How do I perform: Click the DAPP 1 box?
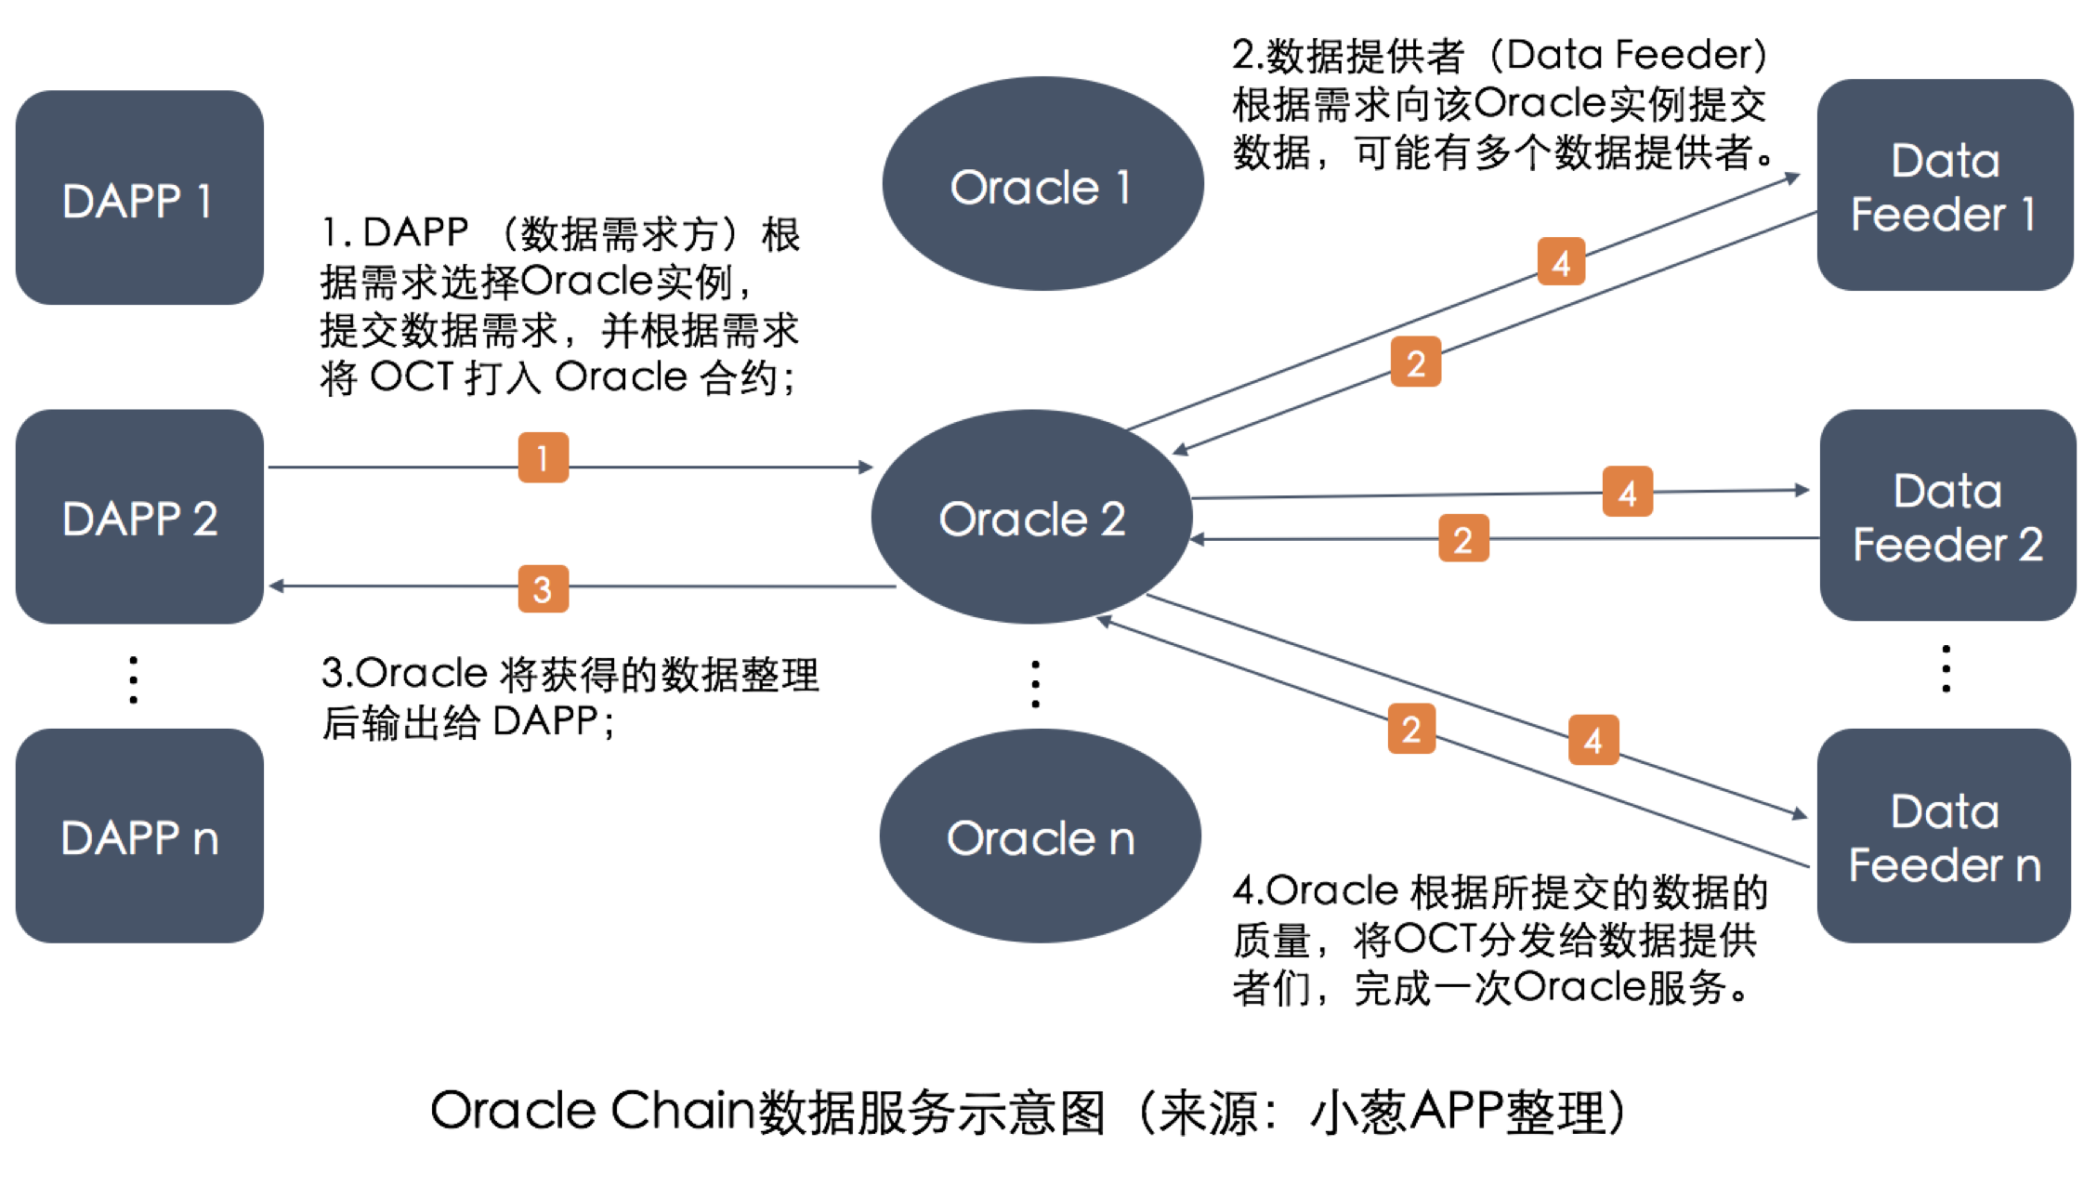coord(139,198)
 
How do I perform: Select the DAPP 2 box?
coord(139,517)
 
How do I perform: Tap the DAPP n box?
coord(139,836)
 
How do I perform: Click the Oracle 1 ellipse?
coord(1042,184)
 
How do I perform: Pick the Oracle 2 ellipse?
coord(1031,517)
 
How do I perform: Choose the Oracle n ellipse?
coord(1040,836)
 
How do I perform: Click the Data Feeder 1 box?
coord(1945,185)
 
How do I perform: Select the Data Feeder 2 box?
coord(1947,516)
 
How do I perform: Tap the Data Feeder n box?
coord(1944,836)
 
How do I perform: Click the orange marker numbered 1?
coord(543,457)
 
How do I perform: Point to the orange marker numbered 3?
coord(543,588)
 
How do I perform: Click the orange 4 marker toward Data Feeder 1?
coord(1561,262)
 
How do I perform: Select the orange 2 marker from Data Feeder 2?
coord(1462,539)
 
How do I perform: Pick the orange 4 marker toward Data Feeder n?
coord(1593,740)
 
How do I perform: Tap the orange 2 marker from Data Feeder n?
coord(1411,729)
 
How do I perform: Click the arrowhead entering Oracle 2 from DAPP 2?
coord(865,467)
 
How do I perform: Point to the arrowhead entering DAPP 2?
coord(277,586)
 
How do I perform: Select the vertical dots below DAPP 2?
coord(134,679)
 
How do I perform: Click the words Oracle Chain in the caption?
coord(592,1111)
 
